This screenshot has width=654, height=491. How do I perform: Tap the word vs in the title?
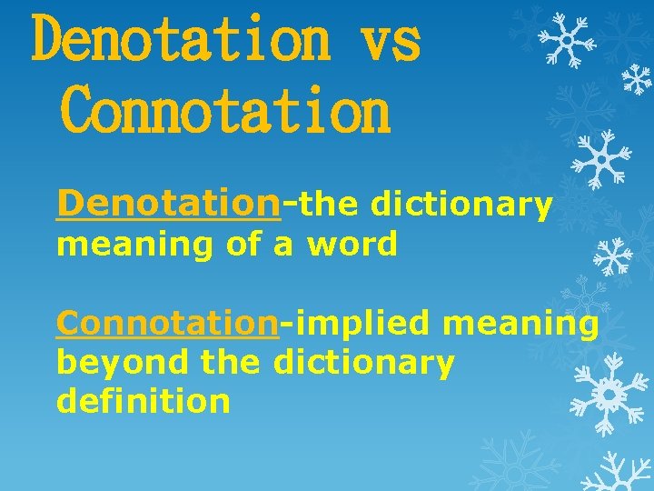pos(391,41)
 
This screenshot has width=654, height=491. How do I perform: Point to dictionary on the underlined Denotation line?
pos(461,207)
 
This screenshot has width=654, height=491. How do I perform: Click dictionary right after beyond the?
pos(363,362)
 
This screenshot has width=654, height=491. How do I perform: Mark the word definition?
pos(144,400)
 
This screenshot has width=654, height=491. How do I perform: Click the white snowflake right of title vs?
pos(566,38)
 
